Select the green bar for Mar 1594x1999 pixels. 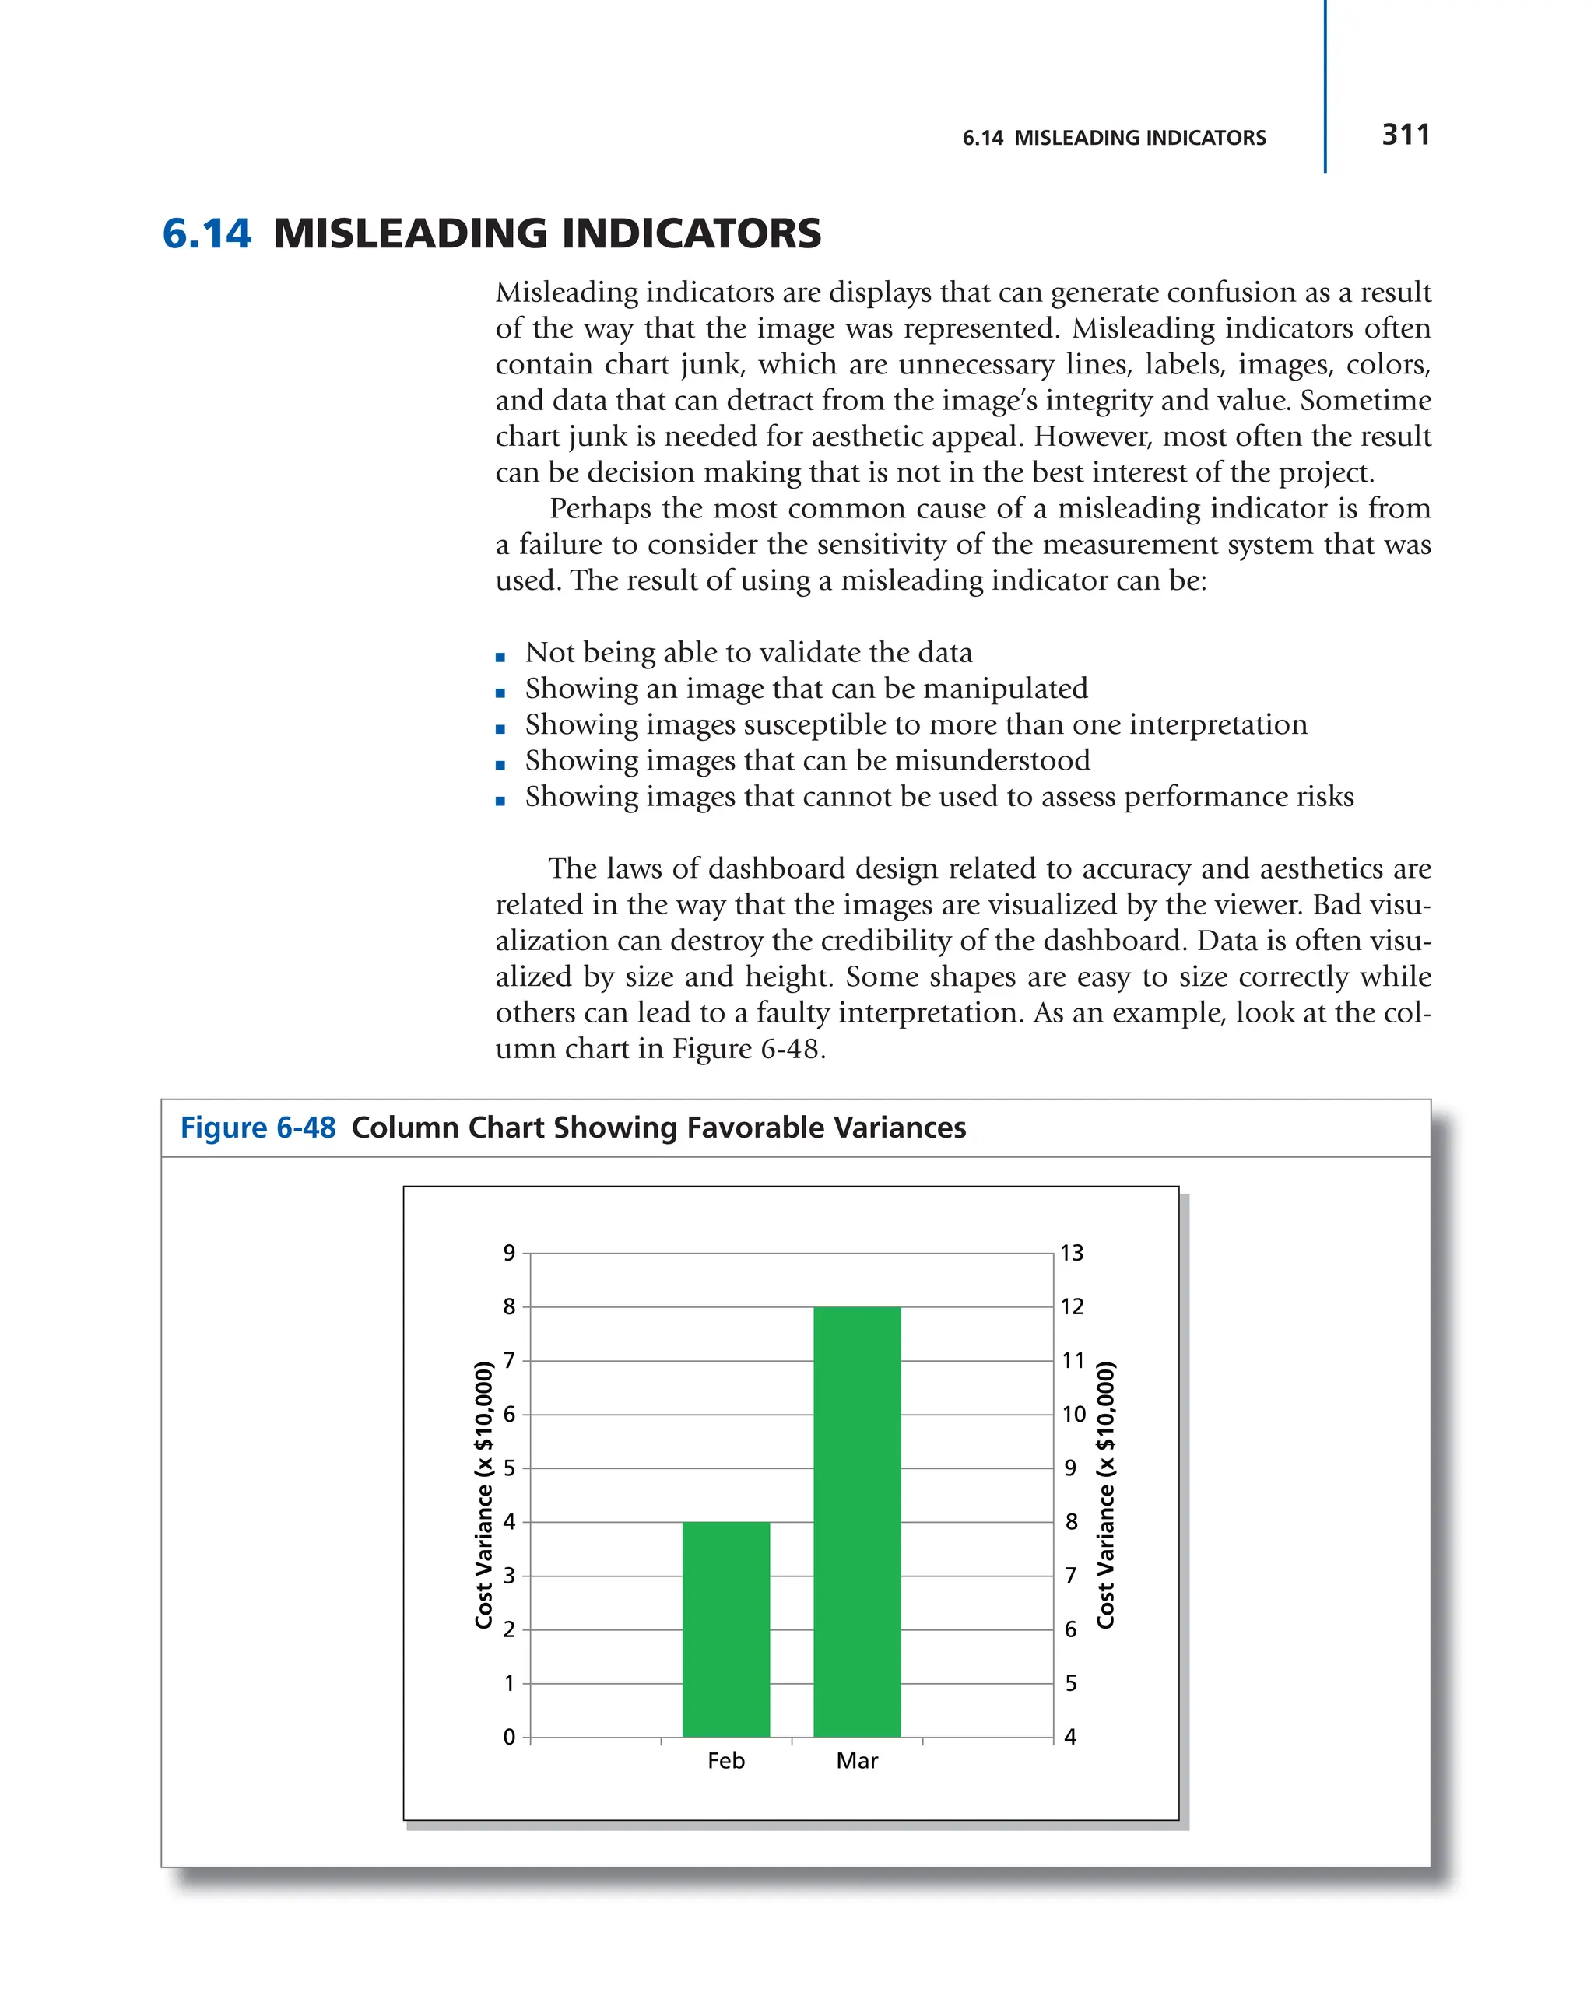pyautogui.click(x=857, y=1520)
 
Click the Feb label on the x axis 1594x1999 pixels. pyautogui.click(x=725, y=1761)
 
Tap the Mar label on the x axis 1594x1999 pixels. pyautogui.click(x=857, y=1761)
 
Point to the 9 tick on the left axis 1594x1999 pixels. pyautogui.click(x=509, y=1254)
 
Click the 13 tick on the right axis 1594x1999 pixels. pyautogui.click(x=1072, y=1254)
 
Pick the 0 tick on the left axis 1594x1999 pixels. pyautogui.click(x=509, y=1738)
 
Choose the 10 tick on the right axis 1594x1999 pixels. pyautogui.click(x=1073, y=1415)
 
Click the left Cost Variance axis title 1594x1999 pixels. pyautogui.click(x=483, y=1495)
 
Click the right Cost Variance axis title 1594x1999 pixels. pyautogui.click(x=1105, y=1495)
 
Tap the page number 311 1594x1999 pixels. pyautogui.click(x=1405, y=135)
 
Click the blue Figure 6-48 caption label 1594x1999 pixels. pyautogui.click(x=258, y=1128)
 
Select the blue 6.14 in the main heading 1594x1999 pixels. pyautogui.click(x=205, y=233)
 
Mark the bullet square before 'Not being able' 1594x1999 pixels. pyautogui.click(x=500, y=658)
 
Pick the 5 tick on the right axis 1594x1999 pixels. pyautogui.click(x=1071, y=1684)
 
